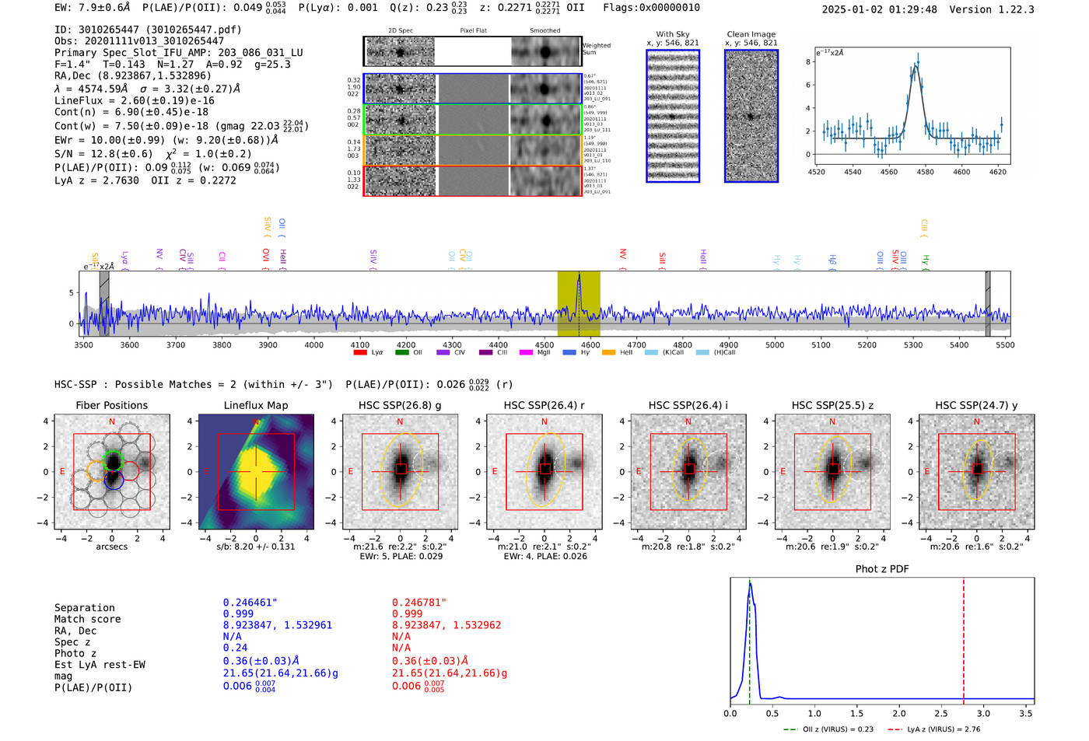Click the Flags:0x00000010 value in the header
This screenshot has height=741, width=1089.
pos(651,8)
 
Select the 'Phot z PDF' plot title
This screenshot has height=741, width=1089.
pos(882,569)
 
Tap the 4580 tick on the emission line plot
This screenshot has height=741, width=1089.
pos(926,172)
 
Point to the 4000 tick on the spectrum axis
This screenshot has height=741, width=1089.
pos(314,344)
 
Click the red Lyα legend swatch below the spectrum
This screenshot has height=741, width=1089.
pos(360,352)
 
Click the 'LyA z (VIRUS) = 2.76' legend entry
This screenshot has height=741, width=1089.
pos(943,729)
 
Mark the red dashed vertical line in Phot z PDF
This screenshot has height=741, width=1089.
pos(964,638)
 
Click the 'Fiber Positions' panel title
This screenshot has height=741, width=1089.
pos(111,405)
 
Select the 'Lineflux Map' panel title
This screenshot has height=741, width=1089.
pos(256,405)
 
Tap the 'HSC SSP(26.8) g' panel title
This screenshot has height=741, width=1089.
pos(400,405)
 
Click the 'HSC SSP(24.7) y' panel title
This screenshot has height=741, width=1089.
pos(976,405)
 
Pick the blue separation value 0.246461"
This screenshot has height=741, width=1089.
pos(250,603)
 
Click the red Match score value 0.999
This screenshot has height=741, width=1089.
pos(408,613)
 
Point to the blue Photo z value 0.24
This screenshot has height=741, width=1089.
pos(235,648)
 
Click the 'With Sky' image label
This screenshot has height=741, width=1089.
pos(673,34)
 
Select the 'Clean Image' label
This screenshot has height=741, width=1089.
pos(751,34)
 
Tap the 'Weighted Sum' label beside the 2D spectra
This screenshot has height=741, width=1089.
pos(597,49)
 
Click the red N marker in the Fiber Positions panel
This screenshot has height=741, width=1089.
pos(112,422)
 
